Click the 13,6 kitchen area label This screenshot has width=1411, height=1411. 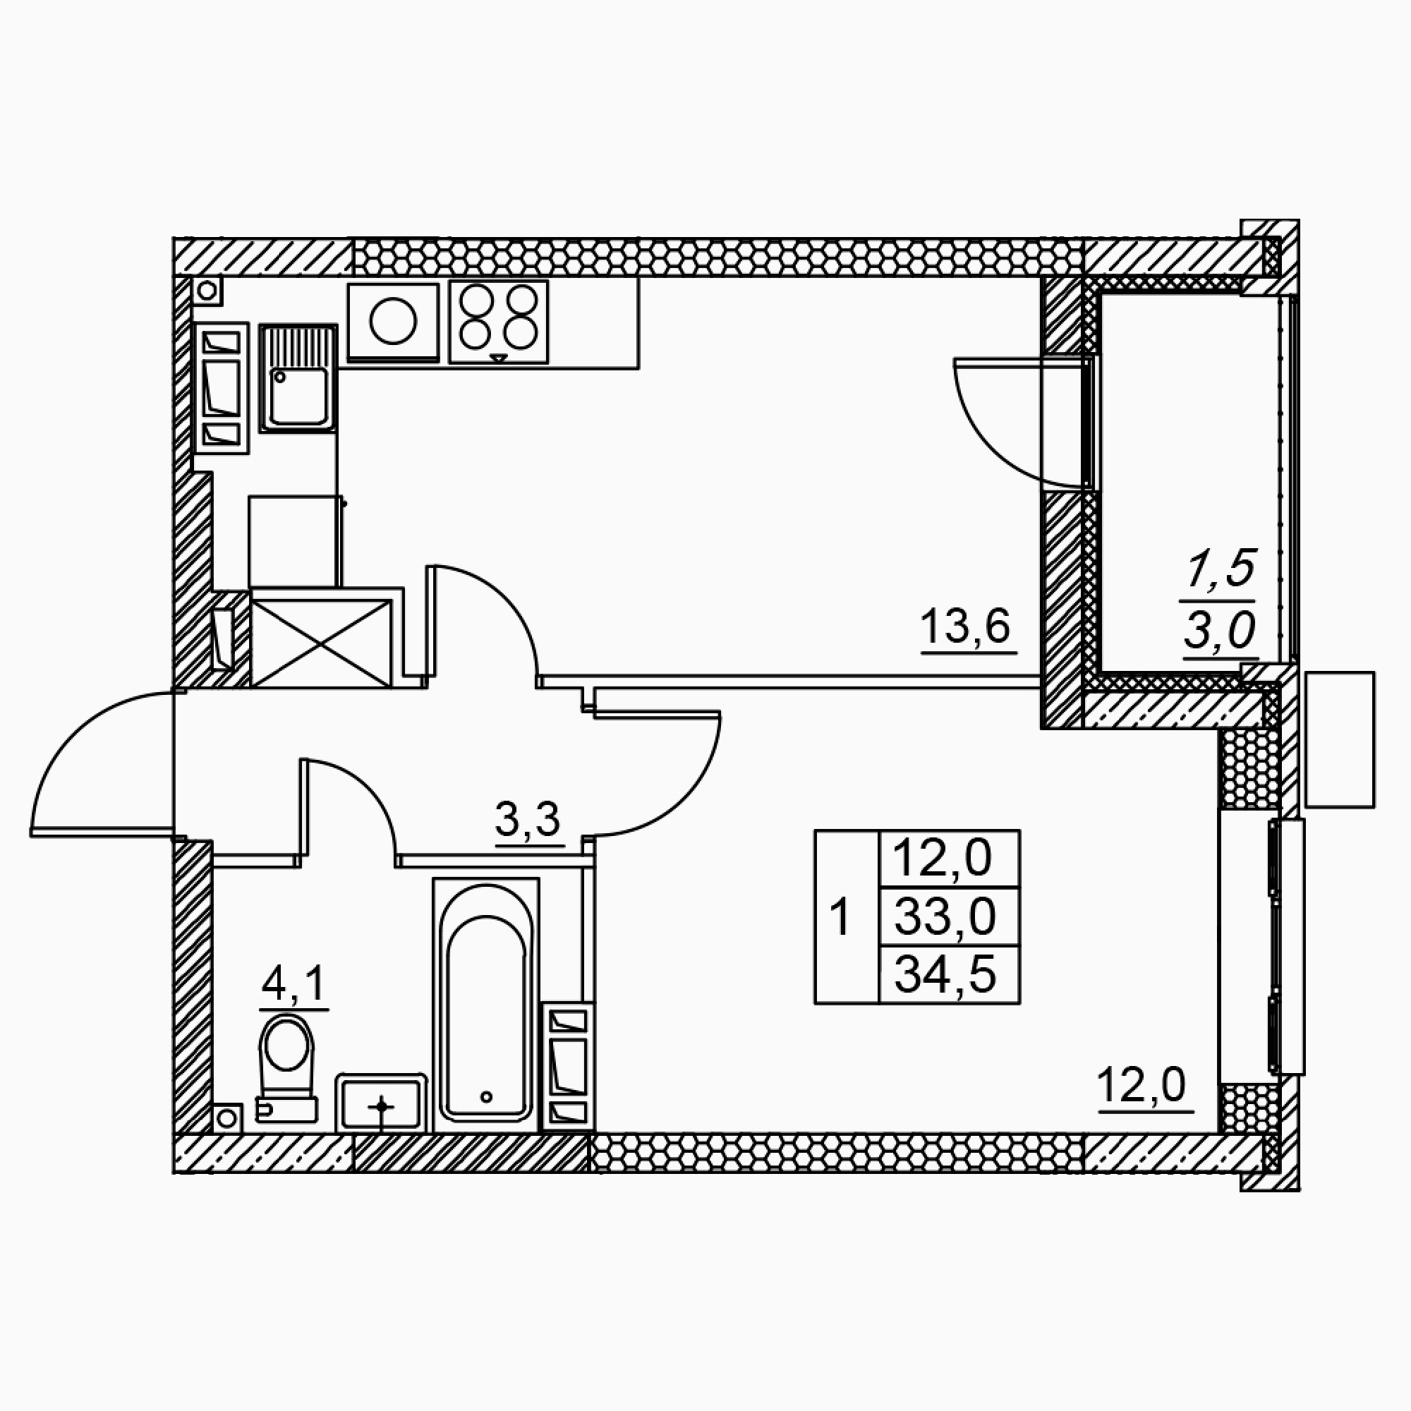966,626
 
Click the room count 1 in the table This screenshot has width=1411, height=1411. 841,917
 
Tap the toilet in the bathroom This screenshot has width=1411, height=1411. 286,1067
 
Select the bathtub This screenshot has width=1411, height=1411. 486,1005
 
